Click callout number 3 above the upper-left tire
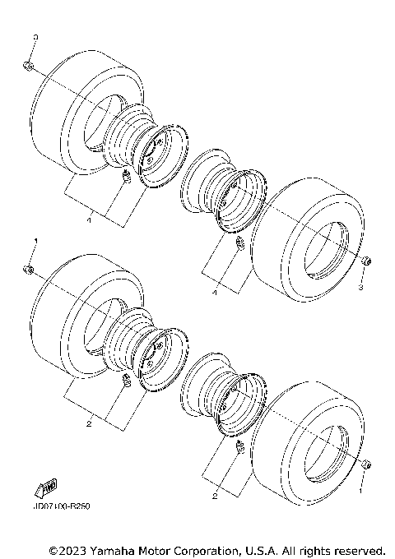point(35,39)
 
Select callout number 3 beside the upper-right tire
point(360,288)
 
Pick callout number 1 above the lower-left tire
point(35,241)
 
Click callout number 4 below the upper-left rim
point(90,220)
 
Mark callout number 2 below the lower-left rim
point(89,423)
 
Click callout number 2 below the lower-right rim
point(214,497)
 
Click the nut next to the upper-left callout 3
point(29,65)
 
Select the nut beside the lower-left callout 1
point(28,269)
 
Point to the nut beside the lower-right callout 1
point(364,465)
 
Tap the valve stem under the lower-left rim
point(127,379)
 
